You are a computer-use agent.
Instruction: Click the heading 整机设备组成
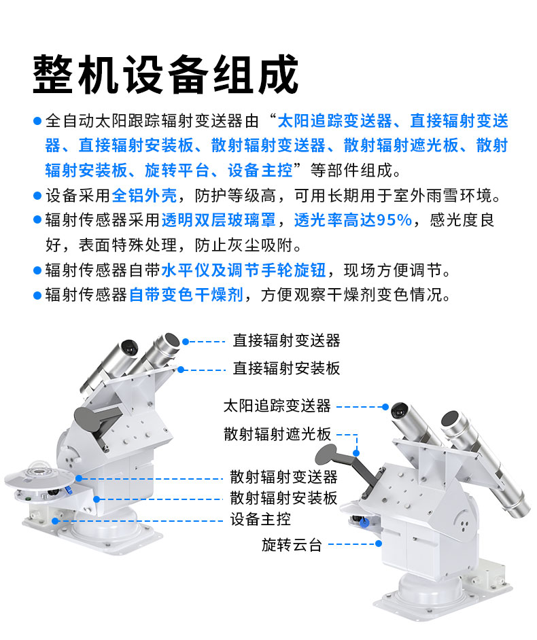click(165, 75)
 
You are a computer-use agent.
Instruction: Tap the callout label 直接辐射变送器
click(287, 340)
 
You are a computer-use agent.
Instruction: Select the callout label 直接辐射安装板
click(287, 368)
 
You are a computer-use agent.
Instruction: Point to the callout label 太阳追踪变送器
click(277, 406)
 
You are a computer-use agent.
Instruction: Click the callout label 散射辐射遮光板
click(277, 434)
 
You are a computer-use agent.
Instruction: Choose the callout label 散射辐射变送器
click(284, 477)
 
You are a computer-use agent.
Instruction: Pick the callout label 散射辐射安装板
click(284, 498)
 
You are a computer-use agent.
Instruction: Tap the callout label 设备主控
click(260, 519)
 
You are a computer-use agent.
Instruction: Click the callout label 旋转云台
click(292, 544)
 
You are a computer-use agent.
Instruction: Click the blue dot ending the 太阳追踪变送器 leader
click(385, 407)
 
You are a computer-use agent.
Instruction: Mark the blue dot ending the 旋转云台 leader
click(379, 544)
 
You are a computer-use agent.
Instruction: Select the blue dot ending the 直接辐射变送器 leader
click(186, 342)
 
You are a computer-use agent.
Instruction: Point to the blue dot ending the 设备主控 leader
click(55, 521)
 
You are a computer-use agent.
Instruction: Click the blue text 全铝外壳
click(145, 196)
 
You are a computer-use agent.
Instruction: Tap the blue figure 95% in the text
click(394, 220)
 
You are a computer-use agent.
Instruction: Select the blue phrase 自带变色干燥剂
click(186, 295)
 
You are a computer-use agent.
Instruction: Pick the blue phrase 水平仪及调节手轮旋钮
click(244, 270)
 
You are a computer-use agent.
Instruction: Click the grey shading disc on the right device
click(326, 452)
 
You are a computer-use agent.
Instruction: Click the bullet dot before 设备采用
click(37, 196)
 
